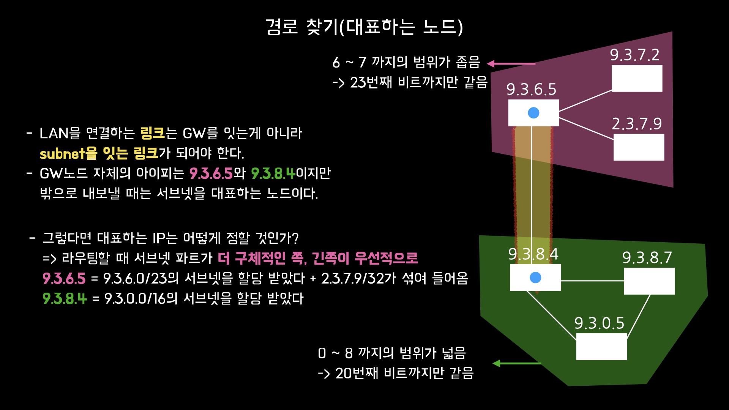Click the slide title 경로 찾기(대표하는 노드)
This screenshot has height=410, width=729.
pyautogui.click(x=364, y=27)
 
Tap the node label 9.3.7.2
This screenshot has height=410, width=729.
pyautogui.click(x=634, y=55)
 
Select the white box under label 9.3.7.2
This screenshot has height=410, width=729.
pyautogui.click(x=637, y=78)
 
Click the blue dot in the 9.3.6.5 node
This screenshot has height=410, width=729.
pyautogui.click(x=533, y=113)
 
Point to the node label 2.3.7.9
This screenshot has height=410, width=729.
pyautogui.click(x=637, y=124)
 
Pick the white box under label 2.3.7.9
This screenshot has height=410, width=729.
pyautogui.click(x=639, y=147)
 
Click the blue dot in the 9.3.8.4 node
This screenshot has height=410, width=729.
pyautogui.click(x=535, y=278)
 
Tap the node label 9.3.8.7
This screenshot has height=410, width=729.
pyautogui.click(x=647, y=258)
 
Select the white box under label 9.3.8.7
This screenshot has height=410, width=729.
pyautogui.click(x=649, y=281)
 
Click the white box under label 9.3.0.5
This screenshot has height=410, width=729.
pyautogui.click(x=601, y=347)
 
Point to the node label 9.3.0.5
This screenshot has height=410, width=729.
pyautogui.click(x=599, y=323)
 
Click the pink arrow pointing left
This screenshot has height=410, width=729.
pyautogui.click(x=511, y=64)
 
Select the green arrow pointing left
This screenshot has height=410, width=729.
pyautogui.click(x=516, y=363)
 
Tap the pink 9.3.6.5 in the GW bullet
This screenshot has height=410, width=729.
pyautogui.click(x=211, y=173)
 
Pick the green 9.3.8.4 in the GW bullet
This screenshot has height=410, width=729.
pyautogui.click(x=273, y=173)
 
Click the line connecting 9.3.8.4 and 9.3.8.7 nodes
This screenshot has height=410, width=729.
pyautogui.click(x=592, y=281)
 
